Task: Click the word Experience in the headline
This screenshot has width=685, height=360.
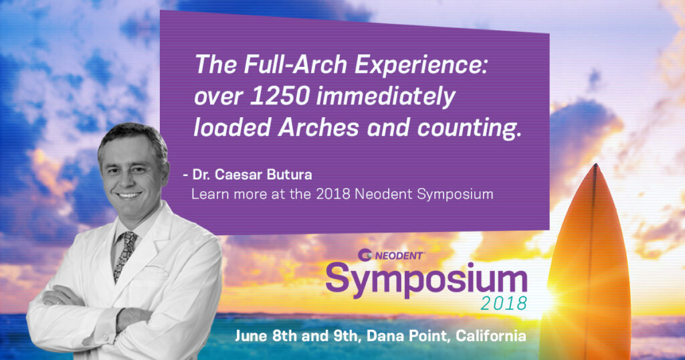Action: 420,66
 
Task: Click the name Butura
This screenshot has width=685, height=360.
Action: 289,175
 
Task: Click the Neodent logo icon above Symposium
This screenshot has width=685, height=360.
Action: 365,255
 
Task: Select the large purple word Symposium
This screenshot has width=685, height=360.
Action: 426,280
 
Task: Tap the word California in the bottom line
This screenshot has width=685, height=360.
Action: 491,336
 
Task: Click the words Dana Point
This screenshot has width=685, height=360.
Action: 409,337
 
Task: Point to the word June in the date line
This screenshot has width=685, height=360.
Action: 252,336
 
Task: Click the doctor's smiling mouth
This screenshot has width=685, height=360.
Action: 129,195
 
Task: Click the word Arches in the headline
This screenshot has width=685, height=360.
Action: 318,128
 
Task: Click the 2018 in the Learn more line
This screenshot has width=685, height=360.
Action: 333,194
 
